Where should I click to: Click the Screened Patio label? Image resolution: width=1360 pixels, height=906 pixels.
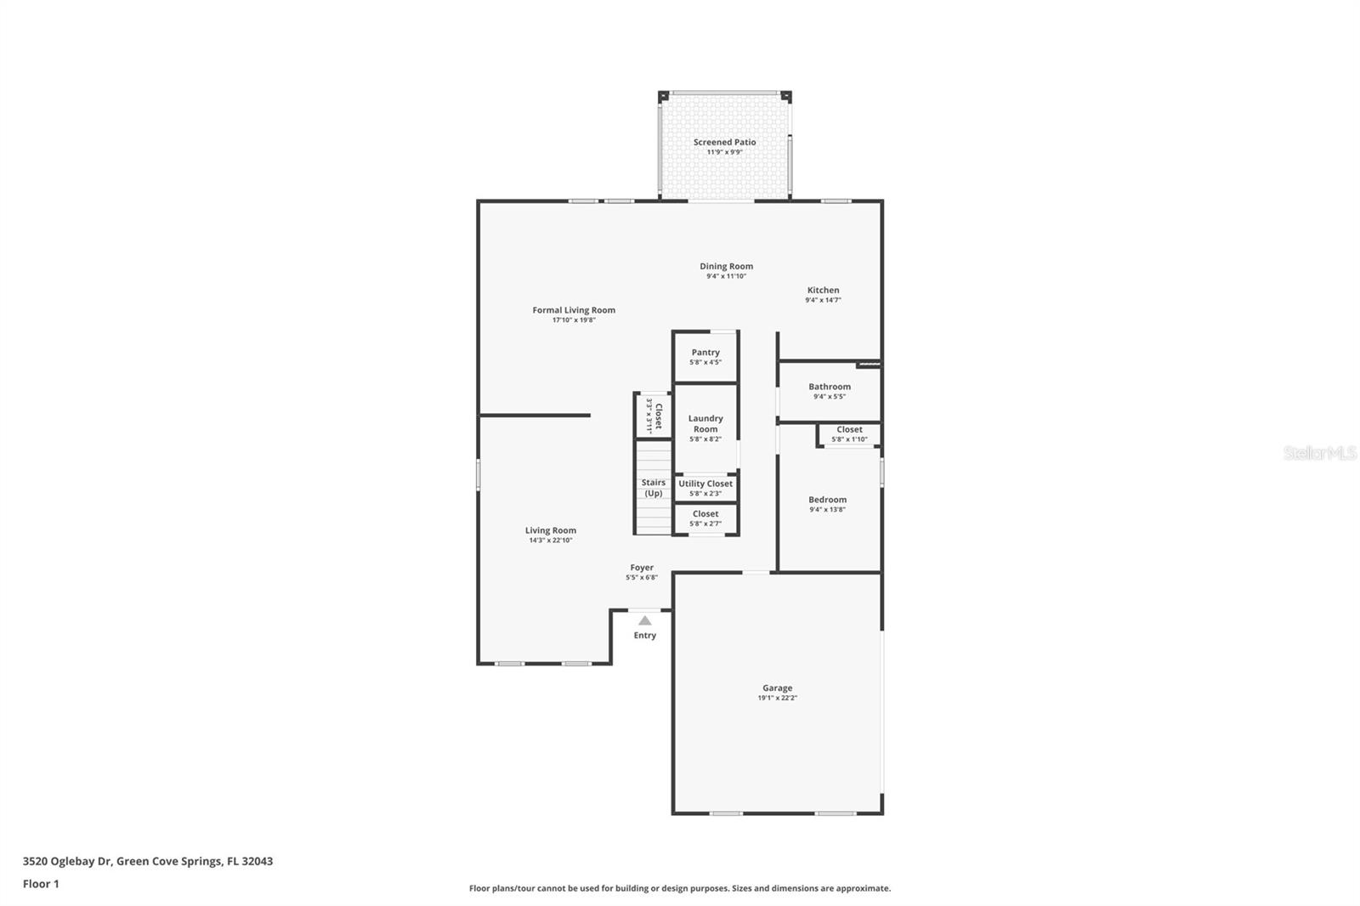(724, 142)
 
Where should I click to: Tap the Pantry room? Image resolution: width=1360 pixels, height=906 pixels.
(705, 357)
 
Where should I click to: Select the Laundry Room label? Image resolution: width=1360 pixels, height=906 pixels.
(705, 423)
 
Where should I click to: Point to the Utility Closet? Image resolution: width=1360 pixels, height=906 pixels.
(705, 488)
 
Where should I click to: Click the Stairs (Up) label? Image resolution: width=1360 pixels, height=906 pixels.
(653, 488)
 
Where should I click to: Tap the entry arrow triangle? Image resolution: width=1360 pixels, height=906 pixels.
(645, 620)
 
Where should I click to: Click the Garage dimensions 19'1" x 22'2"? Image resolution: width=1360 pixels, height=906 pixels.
(777, 698)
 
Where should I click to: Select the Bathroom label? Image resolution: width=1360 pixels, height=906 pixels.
(830, 387)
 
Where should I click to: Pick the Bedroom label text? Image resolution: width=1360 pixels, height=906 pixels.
(827, 500)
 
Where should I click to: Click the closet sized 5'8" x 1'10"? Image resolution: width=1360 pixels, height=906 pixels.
(849, 434)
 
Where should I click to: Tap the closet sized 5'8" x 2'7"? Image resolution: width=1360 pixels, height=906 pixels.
(705, 518)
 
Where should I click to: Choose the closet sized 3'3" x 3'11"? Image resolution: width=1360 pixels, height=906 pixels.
(654, 415)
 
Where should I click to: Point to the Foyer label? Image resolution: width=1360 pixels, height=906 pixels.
(642, 568)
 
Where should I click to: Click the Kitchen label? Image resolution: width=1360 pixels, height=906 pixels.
(823, 290)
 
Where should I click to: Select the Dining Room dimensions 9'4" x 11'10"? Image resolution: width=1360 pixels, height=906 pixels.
(726, 276)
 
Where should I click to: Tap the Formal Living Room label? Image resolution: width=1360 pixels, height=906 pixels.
(574, 310)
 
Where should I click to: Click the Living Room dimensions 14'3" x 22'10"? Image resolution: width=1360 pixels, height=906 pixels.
(551, 541)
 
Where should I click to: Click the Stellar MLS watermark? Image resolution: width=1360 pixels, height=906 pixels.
(1320, 454)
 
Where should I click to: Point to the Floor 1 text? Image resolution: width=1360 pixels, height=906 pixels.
(41, 884)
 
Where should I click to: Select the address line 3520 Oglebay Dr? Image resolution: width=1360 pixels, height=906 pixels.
(148, 861)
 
